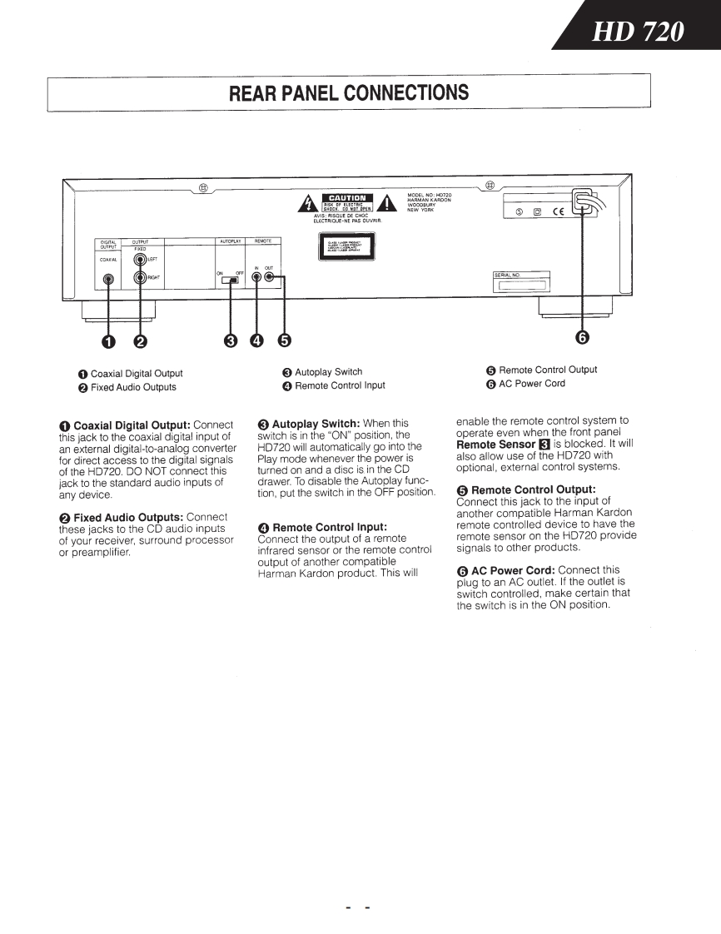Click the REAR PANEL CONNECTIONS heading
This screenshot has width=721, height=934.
(348, 92)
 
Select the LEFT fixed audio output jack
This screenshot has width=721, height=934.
(140, 259)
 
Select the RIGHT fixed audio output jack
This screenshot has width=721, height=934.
(140, 278)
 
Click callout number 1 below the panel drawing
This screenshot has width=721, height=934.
(107, 340)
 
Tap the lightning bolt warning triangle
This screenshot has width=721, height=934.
(310, 202)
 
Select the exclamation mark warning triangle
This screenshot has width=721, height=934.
(389, 203)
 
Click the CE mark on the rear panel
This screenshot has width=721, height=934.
(557, 211)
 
